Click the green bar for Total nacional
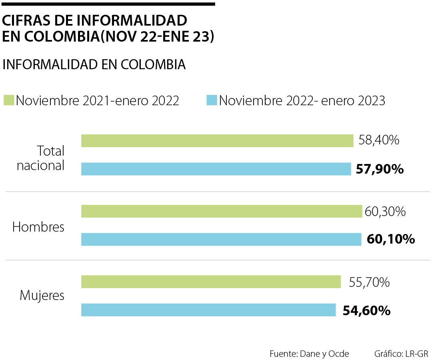tap(217, 141)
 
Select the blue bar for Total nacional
tap(216, 169)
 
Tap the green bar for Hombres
tap(222, 211)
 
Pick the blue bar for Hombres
tap(221, 239)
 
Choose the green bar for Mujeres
tap(211, 282)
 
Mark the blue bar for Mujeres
tap(208, 310)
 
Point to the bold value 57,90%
tap(380, 169)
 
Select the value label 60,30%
tap(385, 211)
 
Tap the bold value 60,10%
tap(390, 240)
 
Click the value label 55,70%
tap(369, 282)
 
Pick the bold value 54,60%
tap(366, 310)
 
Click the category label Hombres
tap(38, 227)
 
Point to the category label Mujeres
tap(42, 296)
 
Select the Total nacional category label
tap(41, 158)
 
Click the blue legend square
tap(212, 100)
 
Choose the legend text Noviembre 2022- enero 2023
tap(302, 101)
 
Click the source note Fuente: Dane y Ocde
tap(309, 354)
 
